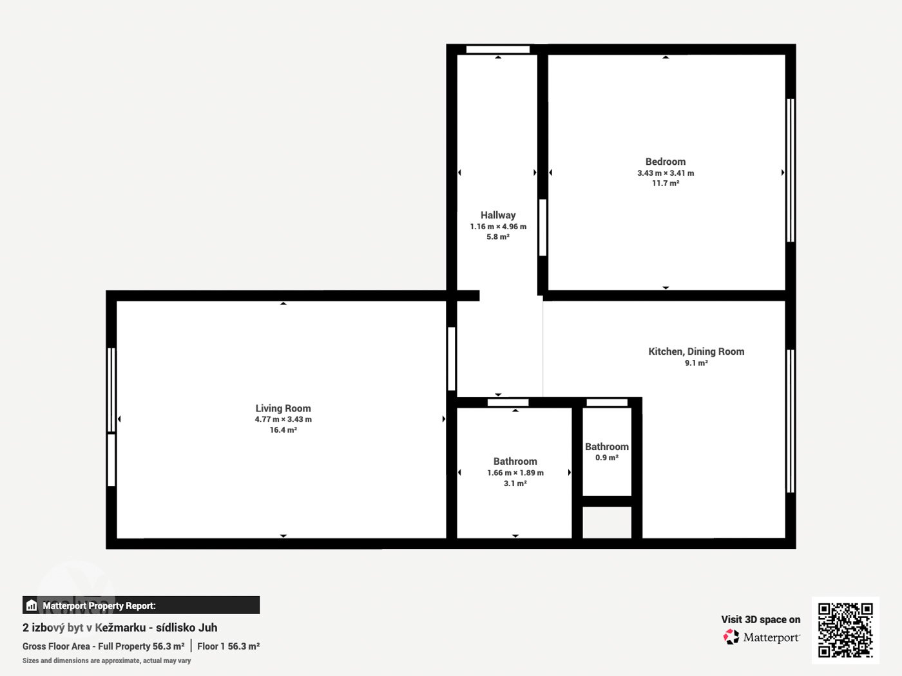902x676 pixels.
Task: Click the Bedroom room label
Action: (666, 162)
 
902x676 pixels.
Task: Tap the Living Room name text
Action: (283, 408)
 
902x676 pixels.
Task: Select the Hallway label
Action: (498, 215)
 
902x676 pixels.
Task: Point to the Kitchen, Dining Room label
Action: (696, 352)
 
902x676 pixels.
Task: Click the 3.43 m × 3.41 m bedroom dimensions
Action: (666, 173)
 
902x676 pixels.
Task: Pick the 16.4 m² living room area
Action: (283, 429)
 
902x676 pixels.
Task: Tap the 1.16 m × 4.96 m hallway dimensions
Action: (498, 227)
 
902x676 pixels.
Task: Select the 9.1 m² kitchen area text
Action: (696, 363)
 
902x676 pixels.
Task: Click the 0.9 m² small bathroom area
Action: (607, 458)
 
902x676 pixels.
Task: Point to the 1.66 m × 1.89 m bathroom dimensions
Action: (515, 473)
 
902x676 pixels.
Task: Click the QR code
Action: (845, 630)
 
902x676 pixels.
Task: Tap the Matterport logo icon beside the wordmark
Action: (731, 637)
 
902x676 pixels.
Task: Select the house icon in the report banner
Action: (32, 605)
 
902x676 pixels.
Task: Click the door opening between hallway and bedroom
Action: (543, 227)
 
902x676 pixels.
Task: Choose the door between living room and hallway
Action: (452, 359)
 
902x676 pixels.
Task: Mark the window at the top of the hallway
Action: (498, 50)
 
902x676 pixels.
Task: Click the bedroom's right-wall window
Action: (791, 171)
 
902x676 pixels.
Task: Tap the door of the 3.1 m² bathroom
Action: (508, 402)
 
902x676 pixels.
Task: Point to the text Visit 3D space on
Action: (761, 620)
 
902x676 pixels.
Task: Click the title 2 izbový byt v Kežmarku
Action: (84, 628)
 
